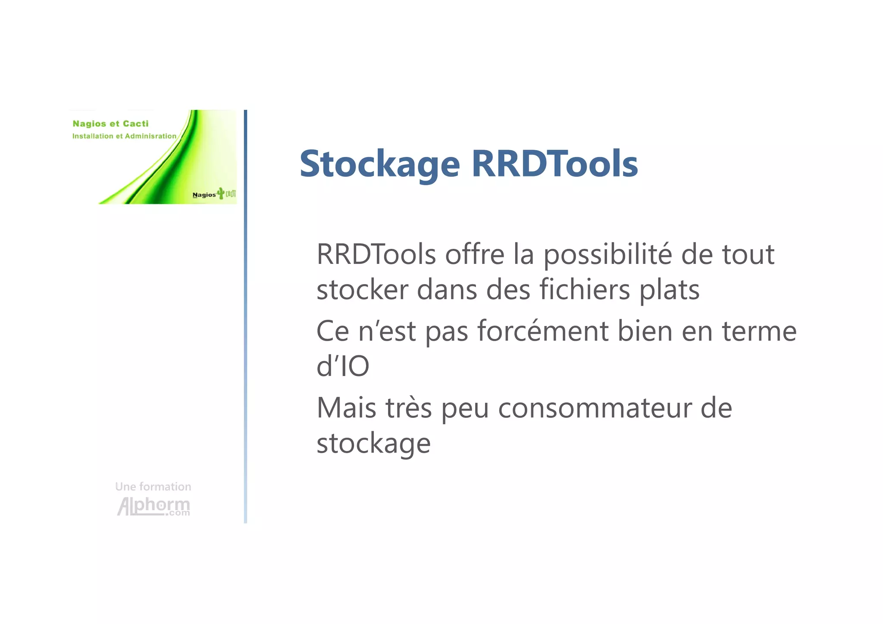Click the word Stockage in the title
(379, 164)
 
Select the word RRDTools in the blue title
(554, 164)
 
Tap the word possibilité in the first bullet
(607, 255)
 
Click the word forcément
(543, 331)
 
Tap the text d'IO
(343, 367)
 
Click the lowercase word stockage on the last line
(373, 444)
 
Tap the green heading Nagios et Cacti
(110, 124)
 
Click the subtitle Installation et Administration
(124, 136)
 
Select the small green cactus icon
(221, 193)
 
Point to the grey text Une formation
(153, 487)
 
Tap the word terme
(759, 331)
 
